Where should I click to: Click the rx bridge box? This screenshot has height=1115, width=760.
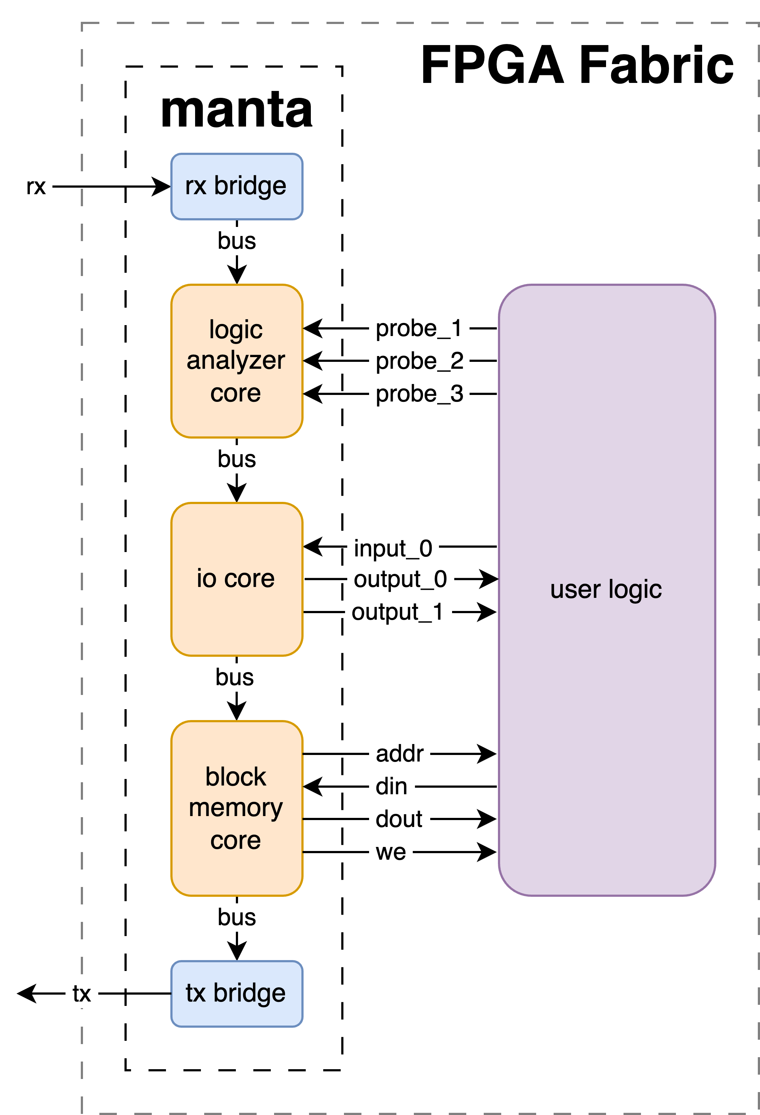pyautogui.click(x=237, y=187)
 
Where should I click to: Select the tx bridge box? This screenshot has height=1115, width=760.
pyautogui.click(x=237, y=994)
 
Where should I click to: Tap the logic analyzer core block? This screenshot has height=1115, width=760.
pyautogui.click(x=237, y=361)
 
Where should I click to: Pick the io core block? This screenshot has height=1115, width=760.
pyautogui.click(x=237, y=579)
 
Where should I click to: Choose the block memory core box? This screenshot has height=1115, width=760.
pyautogui.click(x=237, y=808)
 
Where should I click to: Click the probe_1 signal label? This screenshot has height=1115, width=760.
pyautogui.click(x=419, y=329)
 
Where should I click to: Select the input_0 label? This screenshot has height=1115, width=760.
pyautogui.click(x=393, y=548)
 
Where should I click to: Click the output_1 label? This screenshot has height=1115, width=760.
pyautogui.click(x=397, y=612)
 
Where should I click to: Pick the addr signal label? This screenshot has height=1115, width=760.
pyautogui.click(x=399, y=754)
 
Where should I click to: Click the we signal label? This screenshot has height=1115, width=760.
pyautogui.click(x=391, y=852)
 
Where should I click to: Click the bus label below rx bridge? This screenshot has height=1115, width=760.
pyautogui.click(x=237, y=241)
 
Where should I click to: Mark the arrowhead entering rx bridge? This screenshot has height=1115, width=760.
pyautogui.click(x=161, y=187)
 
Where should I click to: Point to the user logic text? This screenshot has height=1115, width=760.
pyautogui.click(x=606, y=590)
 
